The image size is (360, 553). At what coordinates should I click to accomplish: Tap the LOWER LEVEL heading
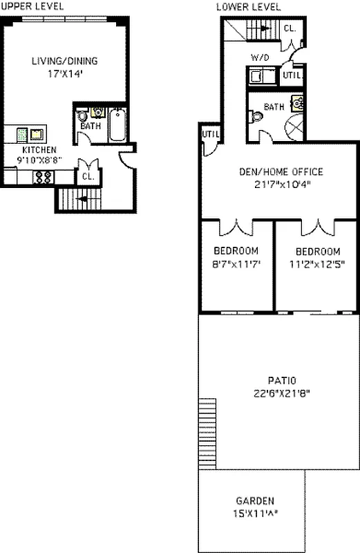[248, 6]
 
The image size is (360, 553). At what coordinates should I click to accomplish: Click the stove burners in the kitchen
[43, 177]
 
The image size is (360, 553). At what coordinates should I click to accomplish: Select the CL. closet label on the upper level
[88, 176]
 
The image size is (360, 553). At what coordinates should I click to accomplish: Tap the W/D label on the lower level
[258, 58]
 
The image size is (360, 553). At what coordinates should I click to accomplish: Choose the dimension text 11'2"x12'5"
[317, 263]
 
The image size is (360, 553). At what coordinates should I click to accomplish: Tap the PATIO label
[281, 380]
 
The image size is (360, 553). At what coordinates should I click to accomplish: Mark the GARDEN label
[254, 501]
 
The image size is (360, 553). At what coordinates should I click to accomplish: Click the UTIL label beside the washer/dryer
[292, 75]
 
